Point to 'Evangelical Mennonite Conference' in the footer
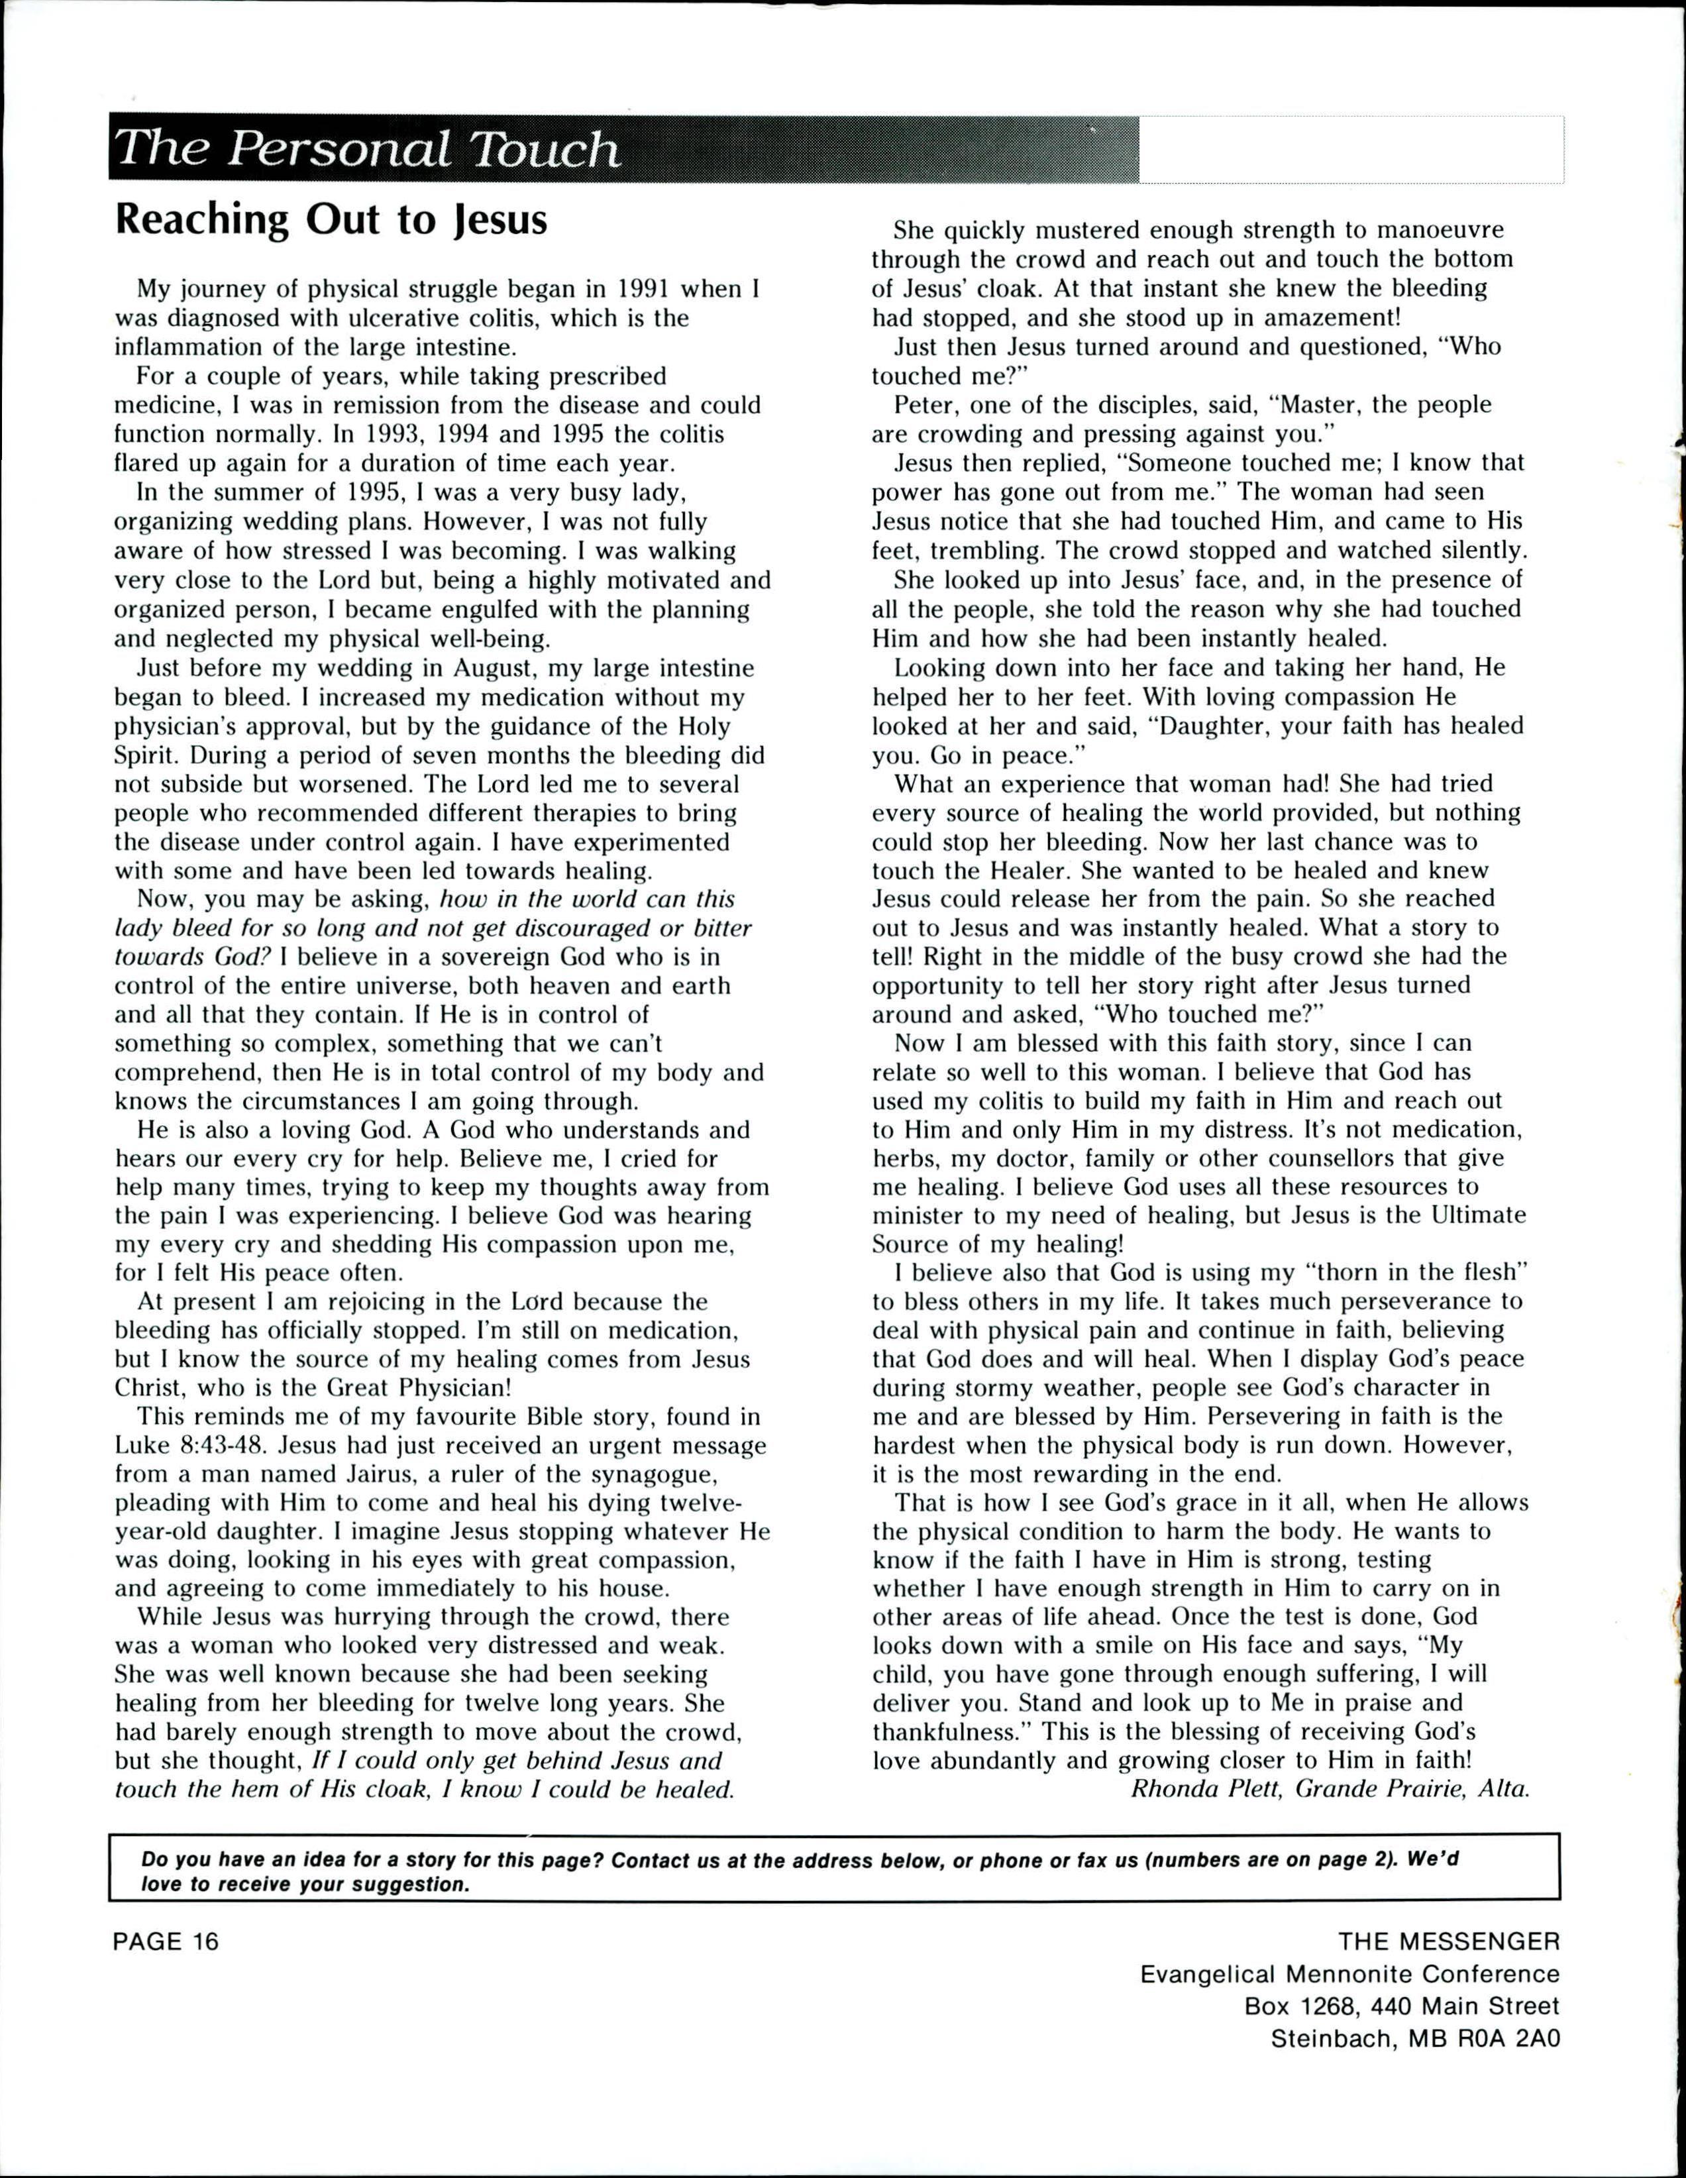pos(1350,1973)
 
